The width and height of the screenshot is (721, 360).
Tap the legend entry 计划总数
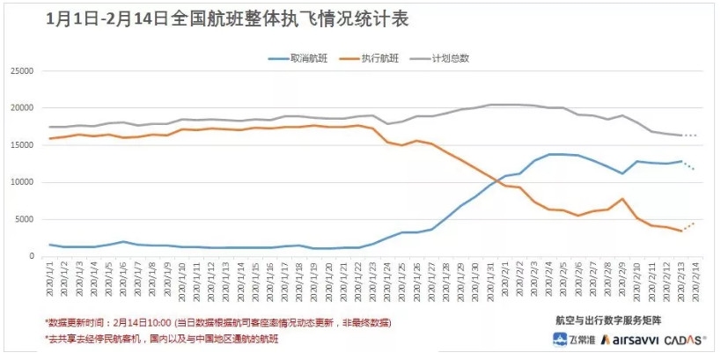(463, 58)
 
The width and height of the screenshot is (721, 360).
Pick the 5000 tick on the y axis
(23, 220)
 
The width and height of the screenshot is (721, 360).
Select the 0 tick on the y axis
(29, 257)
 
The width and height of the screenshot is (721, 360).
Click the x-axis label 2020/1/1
(50, 280)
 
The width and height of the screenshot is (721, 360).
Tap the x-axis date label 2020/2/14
(695, 280)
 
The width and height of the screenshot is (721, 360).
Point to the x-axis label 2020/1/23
(373, 280)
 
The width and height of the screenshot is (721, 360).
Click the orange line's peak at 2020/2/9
(622, 199)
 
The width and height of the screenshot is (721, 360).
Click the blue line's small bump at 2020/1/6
(123, 241)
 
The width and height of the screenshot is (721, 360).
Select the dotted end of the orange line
(688, 225)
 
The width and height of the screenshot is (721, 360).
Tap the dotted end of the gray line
(688, 136)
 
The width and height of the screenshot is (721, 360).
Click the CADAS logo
(684, 340)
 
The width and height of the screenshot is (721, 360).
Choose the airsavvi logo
(622, 340)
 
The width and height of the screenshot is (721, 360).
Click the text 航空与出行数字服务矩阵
(607, 319)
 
